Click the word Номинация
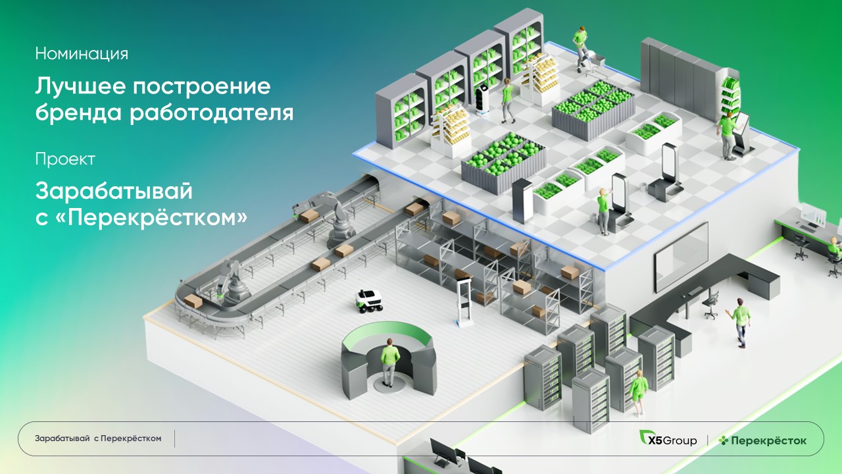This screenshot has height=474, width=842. click(82, 53)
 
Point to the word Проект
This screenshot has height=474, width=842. click(65, 159)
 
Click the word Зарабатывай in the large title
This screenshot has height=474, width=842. click(114, 192)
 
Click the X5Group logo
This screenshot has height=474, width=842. click(668, 440)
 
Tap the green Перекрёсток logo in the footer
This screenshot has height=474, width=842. click(762, 440)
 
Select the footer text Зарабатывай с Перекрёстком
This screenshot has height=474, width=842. click(98, 438)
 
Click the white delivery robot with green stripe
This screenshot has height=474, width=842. click(370, 300)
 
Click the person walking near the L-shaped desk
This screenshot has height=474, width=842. click(740, 321)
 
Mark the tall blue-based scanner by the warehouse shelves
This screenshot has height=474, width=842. click(464, 302)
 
